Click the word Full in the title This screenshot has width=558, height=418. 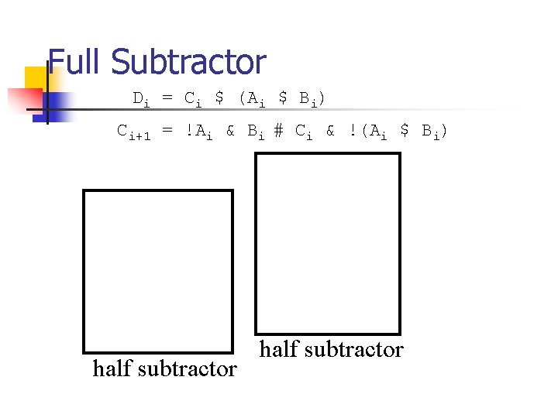pyautogui.click(x=75, y=63)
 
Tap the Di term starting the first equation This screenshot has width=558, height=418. pyautogui.click(x=142, y=100)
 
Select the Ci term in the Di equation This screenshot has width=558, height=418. pyautogui.click(x=192, y=100)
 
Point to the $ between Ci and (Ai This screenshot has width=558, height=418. pyautogui.click(x=219, y=98)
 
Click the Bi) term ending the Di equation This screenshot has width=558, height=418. pyautogui.click(x=312, y=100)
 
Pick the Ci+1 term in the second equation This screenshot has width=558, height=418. pyautogui.click(x=133, y=132)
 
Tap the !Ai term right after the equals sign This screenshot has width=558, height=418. pyautogui.click(x=198, y=132)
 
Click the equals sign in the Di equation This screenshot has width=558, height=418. pyautogui.click(x=167, y=98)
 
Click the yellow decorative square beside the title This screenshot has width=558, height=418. pyautogui.click(x=36, y=78)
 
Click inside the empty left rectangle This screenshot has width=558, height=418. pyautogui.click(x=157, y=272)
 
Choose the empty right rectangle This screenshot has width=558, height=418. pyautogui.click(x=328, y=243)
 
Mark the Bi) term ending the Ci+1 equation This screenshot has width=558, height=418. pyautogui.click(x=435, y=132)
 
